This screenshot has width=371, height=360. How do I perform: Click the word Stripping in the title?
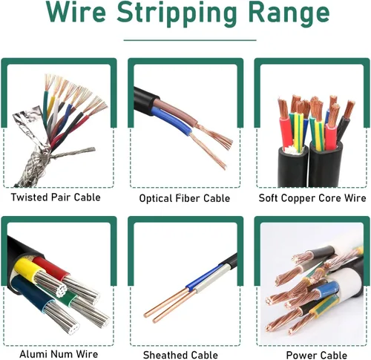tap(177, 13)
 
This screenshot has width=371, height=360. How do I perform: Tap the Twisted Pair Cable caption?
tap(56, 197)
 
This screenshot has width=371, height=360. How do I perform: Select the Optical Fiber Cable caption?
tap(185, 198)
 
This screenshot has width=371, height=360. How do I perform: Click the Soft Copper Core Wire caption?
tap(312, 198)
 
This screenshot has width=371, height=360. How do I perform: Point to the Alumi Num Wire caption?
tap(59, 354)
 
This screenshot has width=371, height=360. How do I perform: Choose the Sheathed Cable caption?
tap(180, 355)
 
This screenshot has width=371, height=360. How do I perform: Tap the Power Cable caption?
tap(317, 355)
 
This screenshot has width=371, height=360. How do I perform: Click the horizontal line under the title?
tap(190, 40)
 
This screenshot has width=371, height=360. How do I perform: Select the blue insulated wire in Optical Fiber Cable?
tap(172, 121)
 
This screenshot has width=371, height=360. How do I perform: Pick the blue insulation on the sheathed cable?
tap(203, 278)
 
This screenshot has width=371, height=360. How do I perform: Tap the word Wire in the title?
tap(76, 13)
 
